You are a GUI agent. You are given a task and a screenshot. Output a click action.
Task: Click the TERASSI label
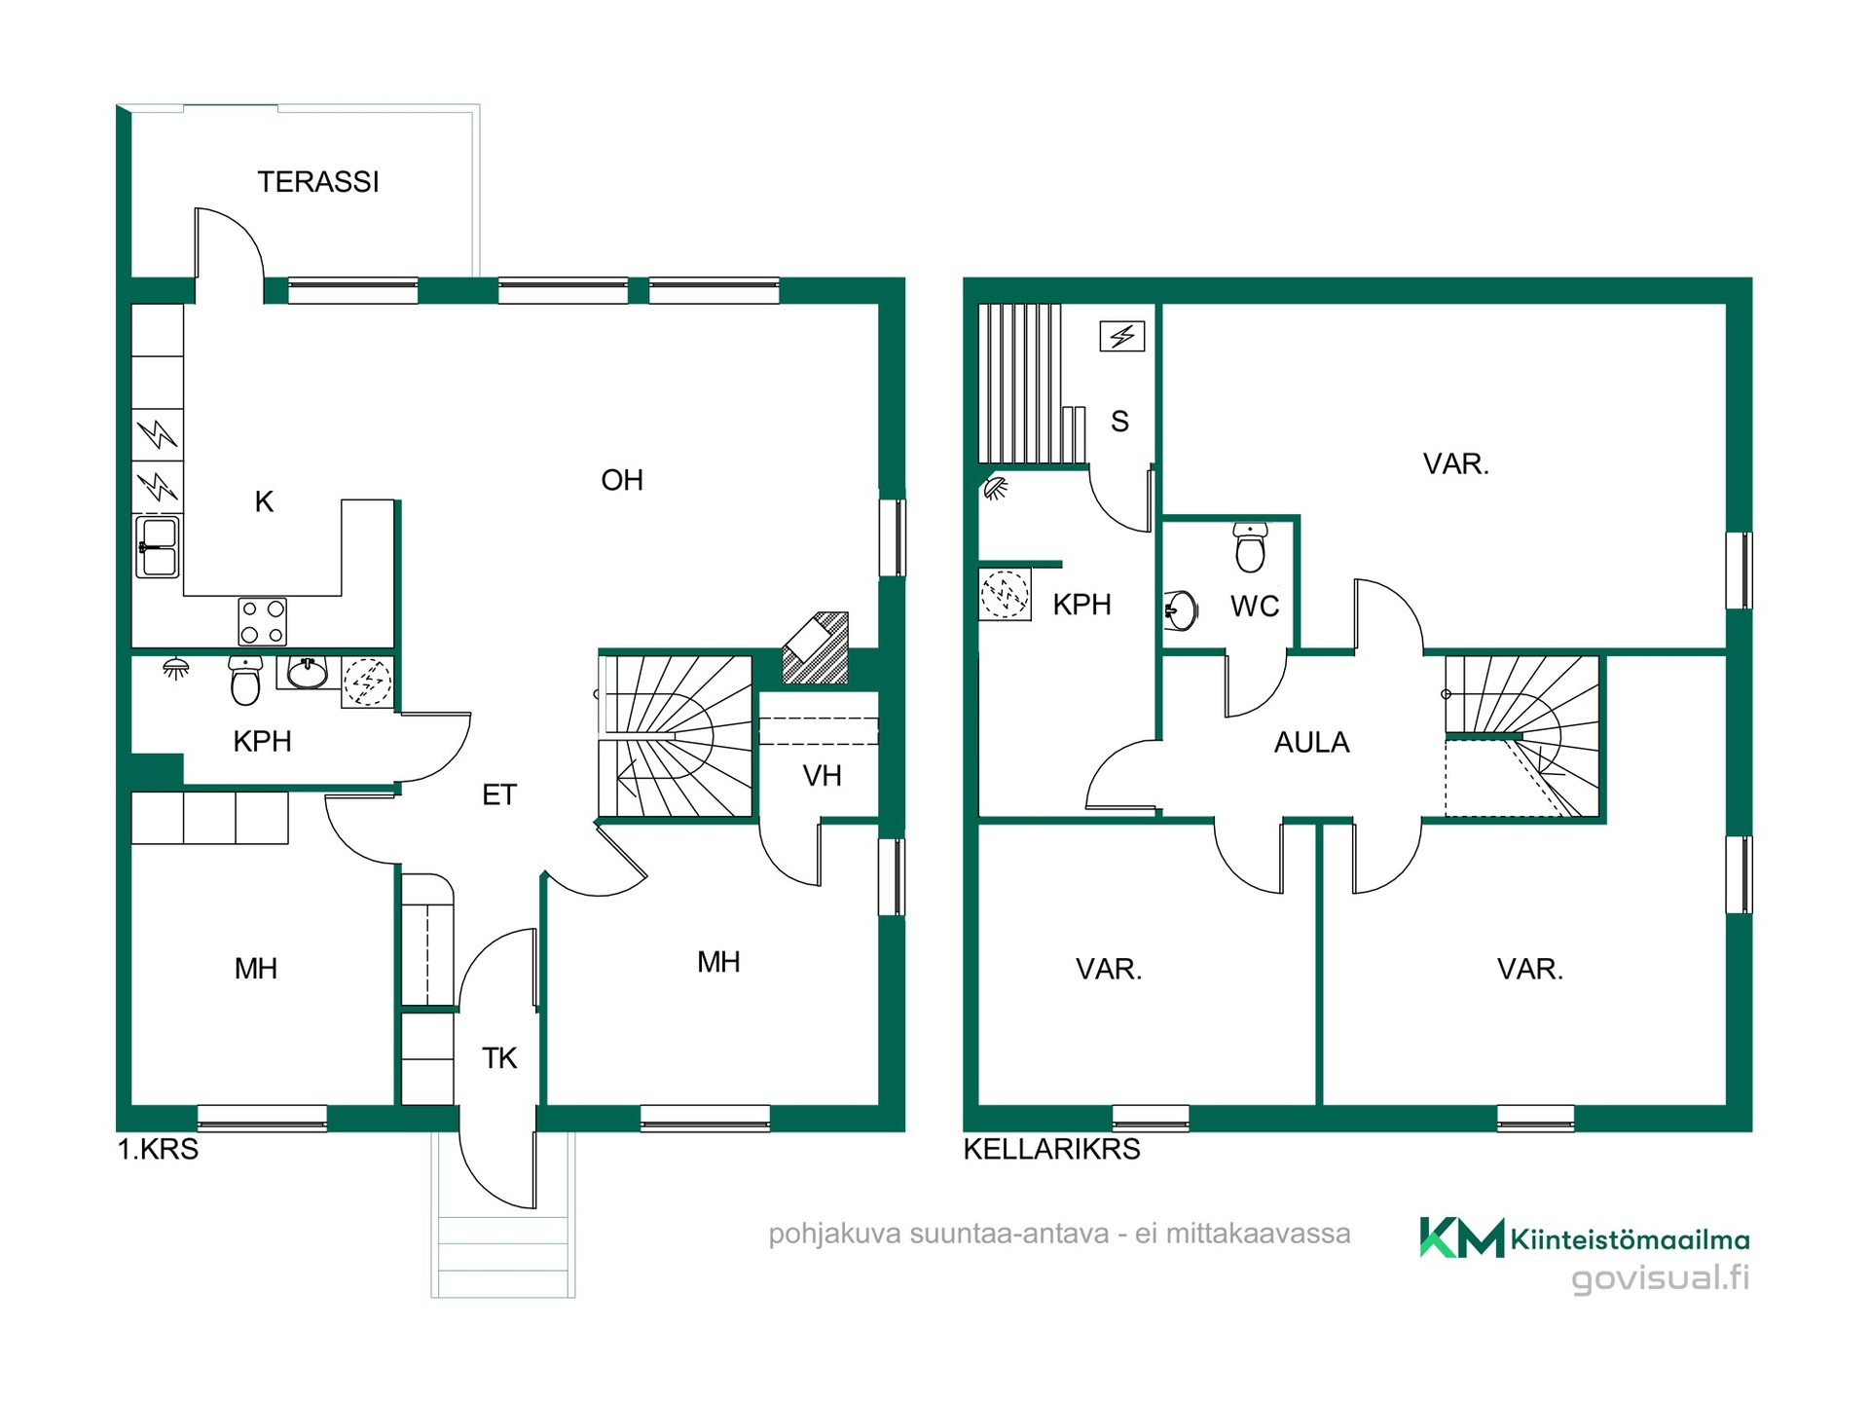pos(318,182)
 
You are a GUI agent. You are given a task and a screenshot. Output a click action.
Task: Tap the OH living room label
pos(622,480)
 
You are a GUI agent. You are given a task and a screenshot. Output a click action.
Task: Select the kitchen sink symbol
pos(158,547)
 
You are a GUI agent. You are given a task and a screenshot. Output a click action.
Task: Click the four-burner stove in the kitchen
pos(263,622)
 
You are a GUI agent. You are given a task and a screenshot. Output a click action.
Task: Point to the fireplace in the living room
pos(816,647)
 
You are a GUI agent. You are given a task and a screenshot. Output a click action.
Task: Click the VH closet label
pos(822,776)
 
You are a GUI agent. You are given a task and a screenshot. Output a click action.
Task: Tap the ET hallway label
pos(499,795)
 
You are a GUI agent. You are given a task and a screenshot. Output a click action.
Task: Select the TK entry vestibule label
pos(499,1058)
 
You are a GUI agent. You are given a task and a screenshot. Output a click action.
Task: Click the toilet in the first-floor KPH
pos(245,680)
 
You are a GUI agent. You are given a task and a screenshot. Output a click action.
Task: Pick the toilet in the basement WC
pos(1251,547)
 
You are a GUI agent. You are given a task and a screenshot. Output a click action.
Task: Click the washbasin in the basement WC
pos(1181,610)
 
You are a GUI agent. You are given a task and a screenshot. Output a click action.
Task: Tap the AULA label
pos(1311,743)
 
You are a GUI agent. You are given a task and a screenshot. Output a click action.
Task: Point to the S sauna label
pos(1119,422)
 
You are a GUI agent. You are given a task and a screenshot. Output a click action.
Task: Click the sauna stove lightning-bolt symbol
pos(1122,337)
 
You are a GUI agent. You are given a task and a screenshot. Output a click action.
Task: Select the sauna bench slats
pos(1032,384)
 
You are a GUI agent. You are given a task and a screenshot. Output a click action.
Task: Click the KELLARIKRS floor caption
pos(1051,1149)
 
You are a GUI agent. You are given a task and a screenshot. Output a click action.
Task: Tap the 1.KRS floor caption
pos(158,1150)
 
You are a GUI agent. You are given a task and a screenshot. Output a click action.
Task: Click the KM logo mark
pos(1461,1237)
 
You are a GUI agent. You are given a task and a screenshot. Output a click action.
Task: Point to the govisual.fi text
pos(1661,1277)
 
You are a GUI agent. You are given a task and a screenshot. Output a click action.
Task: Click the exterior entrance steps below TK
pos(503,1256)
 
